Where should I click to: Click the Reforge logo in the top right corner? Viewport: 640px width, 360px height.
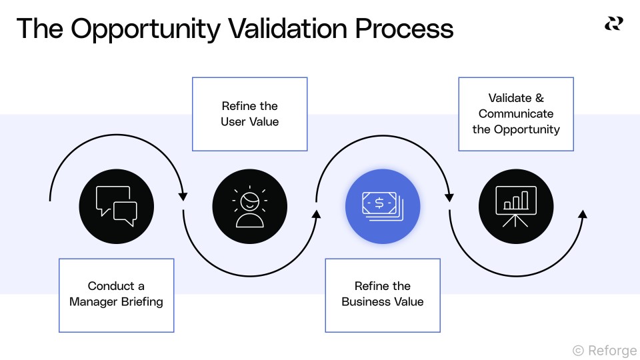(613, 24)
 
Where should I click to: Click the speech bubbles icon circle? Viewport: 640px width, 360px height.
(116, 206)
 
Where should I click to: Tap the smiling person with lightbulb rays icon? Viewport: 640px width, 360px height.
(249, 206)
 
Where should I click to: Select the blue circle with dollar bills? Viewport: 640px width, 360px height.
(383, 206)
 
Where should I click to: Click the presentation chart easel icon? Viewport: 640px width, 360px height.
(516, 206)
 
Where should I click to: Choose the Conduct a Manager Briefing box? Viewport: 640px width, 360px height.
(116, 295)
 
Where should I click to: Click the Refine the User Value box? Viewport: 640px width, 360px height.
(249, 114)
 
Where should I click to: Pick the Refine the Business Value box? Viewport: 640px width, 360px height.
(383, 295)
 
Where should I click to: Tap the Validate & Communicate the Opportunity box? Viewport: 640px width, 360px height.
(516, 114)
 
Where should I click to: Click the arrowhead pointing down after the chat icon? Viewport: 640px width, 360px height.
(183, 196)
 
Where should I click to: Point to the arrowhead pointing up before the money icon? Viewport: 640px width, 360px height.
(316, 214)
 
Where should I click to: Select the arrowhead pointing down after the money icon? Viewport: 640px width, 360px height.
(449, 196)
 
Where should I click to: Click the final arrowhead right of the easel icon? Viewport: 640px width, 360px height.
(582, 214)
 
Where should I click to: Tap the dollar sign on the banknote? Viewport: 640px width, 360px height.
(379, 203)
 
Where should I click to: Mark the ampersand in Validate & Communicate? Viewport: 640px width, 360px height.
(540, 98)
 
